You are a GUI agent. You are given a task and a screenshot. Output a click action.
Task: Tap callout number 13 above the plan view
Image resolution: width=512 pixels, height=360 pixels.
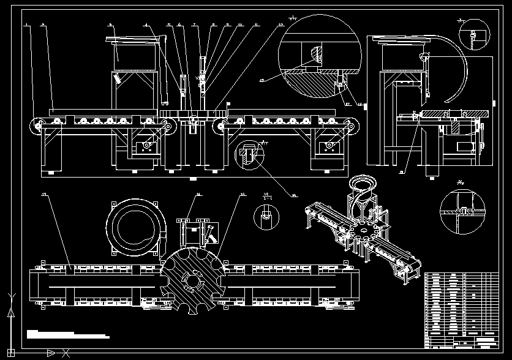tap(44, 194)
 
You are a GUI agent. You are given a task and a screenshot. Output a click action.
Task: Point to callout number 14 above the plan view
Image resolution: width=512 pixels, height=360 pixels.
tap(198, 195)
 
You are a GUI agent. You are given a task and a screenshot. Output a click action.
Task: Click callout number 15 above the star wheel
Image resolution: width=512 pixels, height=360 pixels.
tap(243, 194)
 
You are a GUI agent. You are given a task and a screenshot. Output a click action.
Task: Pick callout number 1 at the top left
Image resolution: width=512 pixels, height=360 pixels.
tap(27, 24)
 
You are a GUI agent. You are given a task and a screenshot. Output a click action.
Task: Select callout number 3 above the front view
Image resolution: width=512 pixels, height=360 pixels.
tap(110, 24)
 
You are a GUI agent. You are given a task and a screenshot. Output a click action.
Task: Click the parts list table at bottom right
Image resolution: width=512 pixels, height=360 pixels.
tap(461, 310)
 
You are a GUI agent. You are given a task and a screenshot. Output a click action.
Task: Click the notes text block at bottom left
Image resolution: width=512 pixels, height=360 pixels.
tap(67, 334)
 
